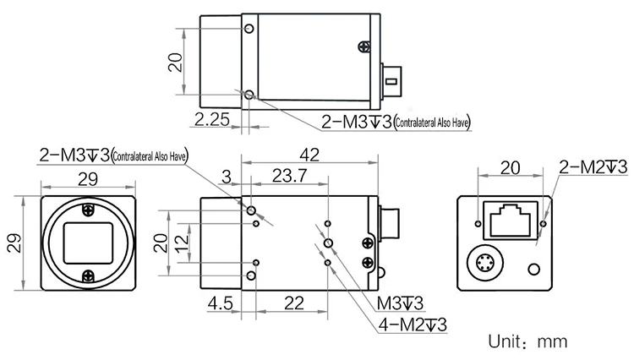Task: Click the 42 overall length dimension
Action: (x=309, y=155)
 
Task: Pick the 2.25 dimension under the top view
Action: (x=211, y=120)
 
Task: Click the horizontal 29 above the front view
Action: (x=87, y=178)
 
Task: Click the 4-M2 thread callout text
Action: (x=413, y=325)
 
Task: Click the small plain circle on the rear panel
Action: (x=533, y=270)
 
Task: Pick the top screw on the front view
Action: (x=88, y=210)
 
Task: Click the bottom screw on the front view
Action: (x=88, y=274)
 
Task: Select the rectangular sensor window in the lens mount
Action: (x=88, y=242)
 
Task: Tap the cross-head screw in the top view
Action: (x=363, y=46)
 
